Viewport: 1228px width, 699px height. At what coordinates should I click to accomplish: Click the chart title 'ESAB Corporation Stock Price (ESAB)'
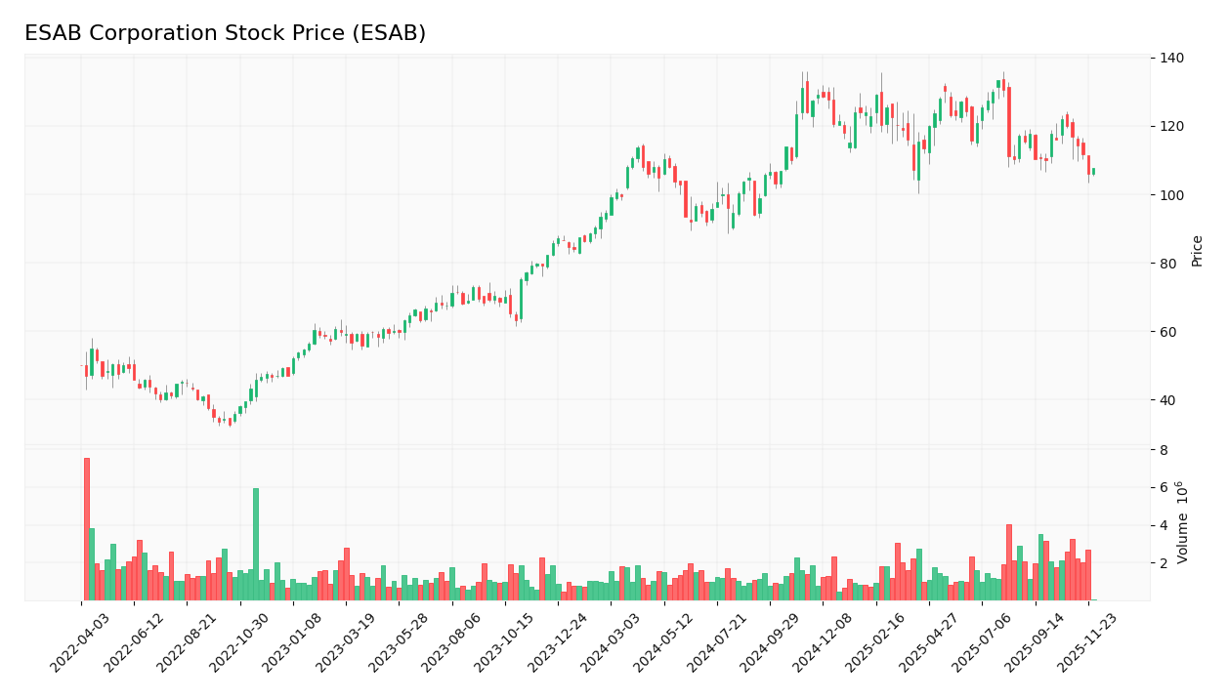(x=225, y=34)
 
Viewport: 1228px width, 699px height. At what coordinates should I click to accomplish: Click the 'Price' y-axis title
(x=1197, y=251)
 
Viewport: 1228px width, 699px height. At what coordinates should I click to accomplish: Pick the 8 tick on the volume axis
(x=1164, y=450)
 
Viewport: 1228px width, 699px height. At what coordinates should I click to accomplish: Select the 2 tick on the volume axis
(x=1164, y=563)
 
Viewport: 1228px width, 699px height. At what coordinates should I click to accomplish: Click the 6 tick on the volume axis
(x=1164, y=488)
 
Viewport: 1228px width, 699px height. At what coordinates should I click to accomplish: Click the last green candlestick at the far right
(x=1093, y=172)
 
